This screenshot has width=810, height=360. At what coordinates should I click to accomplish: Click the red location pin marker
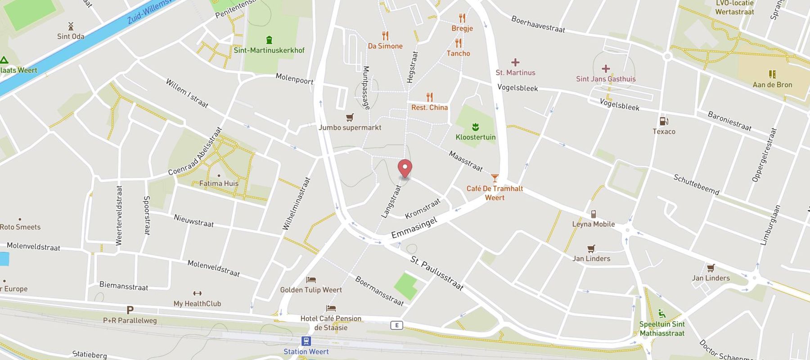[x=405, y=169]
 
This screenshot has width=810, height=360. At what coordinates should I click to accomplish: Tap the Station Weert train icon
[x=306, y=341]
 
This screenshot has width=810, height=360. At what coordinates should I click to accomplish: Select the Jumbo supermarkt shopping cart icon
[x=350, y=118]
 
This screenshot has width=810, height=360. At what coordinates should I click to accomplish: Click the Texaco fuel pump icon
[x=664, y=121]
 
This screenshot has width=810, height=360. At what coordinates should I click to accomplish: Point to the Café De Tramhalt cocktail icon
[x=495, y=178]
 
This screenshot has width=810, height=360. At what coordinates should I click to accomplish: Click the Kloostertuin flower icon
[x=475, y=127]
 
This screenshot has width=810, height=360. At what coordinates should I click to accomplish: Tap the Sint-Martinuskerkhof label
[x=269, y=50]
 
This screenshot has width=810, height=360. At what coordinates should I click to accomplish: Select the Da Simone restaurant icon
[x=385, y=36]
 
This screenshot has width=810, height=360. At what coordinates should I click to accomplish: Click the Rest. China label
[x=429, y=108]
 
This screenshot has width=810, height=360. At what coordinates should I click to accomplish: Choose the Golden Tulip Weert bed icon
[x=311, y=280]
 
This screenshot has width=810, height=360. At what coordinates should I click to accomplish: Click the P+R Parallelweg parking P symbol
[x=130, y=310]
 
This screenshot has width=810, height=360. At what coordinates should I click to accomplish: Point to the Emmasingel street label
[x=414, y=228]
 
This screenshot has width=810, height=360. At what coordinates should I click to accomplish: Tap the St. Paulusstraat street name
[x=436, y=273]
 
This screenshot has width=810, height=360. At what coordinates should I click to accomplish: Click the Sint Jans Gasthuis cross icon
[x=606, y=68]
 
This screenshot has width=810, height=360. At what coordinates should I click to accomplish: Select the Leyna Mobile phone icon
[x=594, y=214]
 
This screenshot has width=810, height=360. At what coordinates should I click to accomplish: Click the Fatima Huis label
[x=219, y=184]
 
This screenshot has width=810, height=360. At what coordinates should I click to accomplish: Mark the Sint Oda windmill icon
[x=71, y=26]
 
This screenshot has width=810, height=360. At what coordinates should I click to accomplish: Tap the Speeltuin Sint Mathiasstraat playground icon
[x=662, y=314]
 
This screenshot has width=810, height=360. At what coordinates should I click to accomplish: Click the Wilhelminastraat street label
[x=297, y=204]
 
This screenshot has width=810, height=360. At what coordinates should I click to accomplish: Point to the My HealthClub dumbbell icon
[x=197, y=293]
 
